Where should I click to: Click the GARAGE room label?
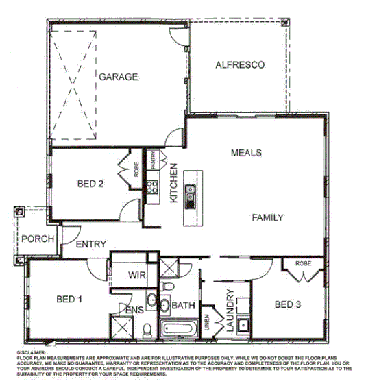(118, 77)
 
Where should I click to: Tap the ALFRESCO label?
(240, 65)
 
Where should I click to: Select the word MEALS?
(246, 152)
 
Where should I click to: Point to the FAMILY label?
(267, 217)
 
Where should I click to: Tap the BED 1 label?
(69, 299)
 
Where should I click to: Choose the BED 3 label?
(288, 304)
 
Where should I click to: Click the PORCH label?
(33, 239)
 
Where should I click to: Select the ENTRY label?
(90, 244)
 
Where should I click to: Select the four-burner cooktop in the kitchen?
(152, 189)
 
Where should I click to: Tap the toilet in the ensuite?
(146, 331)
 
